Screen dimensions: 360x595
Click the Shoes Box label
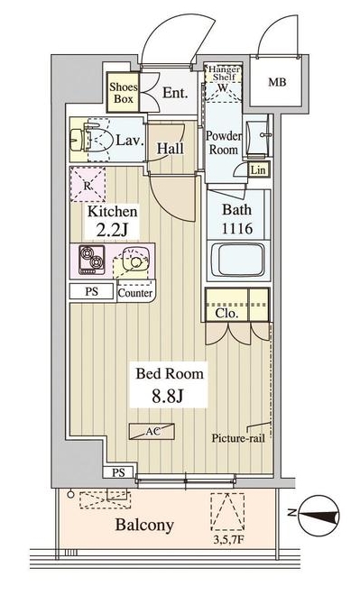[124, 93]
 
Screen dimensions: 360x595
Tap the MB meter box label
[277, 81]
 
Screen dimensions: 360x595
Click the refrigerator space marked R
[88, 184]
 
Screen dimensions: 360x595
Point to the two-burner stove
[91, 260]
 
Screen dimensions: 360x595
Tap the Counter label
[135, 293]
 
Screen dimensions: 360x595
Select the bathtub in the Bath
[238, 260]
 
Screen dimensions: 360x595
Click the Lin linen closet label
[258, 169]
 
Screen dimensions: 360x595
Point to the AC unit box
[152, 432]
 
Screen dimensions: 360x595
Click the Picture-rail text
[238, 438]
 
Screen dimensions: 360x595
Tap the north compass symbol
[319, 516]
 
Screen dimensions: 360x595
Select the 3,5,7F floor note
[228, 539]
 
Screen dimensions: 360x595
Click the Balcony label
[144, 526]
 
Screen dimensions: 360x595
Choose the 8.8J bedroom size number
[168, 397]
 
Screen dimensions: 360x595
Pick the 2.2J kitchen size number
[112, 230]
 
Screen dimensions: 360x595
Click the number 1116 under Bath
[237, 229]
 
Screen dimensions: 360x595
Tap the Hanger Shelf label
[224, 73]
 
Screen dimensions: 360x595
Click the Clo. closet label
[226, 314]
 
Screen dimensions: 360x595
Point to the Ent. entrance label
[175, 93]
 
